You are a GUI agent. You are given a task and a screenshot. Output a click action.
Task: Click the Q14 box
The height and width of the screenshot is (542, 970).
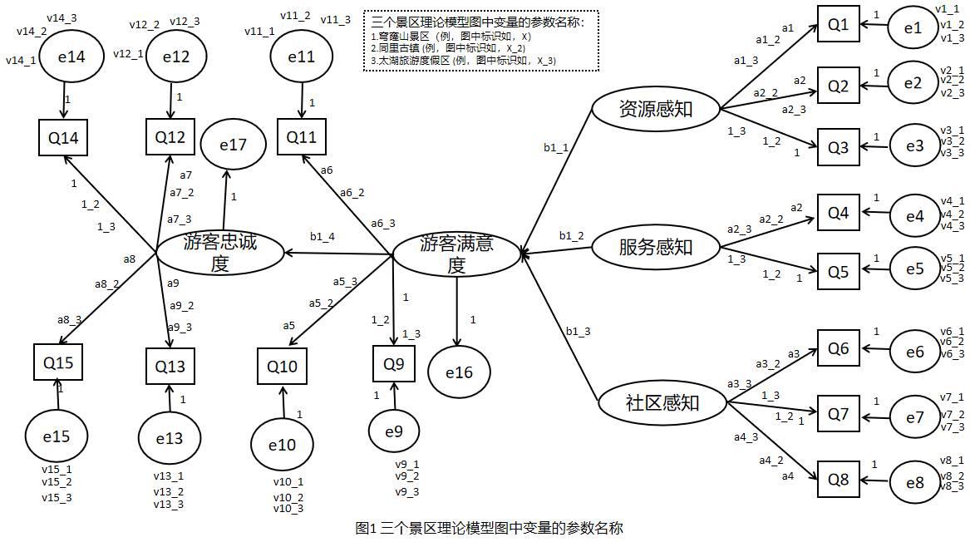[63, 138]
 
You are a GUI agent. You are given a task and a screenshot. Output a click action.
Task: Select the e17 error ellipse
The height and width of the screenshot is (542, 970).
[234, 145]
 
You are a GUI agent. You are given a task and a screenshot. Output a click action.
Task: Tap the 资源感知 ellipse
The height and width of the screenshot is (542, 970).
[656, 108]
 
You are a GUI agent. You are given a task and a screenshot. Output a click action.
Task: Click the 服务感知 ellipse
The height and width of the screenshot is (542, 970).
[656, 247]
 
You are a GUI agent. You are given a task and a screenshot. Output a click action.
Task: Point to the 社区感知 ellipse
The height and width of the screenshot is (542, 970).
[662, 403]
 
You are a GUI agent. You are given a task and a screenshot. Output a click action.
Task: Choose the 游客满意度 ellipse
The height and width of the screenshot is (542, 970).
[456, 254]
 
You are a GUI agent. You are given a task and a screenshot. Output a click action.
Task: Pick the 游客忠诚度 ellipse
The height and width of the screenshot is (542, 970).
[220, 253]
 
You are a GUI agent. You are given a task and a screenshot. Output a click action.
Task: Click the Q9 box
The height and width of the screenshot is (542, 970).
[394, 363]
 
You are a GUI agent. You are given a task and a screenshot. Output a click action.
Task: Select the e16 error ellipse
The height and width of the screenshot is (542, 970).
[459, 372]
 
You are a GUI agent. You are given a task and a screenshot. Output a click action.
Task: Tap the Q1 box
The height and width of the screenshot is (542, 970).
[838, 25]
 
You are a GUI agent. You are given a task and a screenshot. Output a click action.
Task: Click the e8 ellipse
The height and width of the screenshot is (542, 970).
[913, 482]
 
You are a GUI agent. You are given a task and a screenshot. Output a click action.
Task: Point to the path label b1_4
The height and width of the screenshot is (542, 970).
[323, 237]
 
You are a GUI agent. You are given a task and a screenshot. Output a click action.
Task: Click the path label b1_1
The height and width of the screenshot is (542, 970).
[556, 148]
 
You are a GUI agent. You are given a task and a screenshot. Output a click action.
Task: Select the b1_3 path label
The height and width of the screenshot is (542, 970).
[578, 332]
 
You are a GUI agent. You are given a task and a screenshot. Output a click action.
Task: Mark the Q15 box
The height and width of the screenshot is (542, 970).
[58, 362]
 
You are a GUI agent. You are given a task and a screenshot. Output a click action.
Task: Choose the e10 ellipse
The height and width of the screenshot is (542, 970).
[282, 445]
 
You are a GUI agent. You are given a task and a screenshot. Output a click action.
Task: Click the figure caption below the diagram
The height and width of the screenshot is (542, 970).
[488, 528]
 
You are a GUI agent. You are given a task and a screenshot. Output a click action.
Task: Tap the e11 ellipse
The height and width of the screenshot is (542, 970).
[301, 57]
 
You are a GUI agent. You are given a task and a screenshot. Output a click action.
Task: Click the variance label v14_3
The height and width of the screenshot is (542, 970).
[62, 17]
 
